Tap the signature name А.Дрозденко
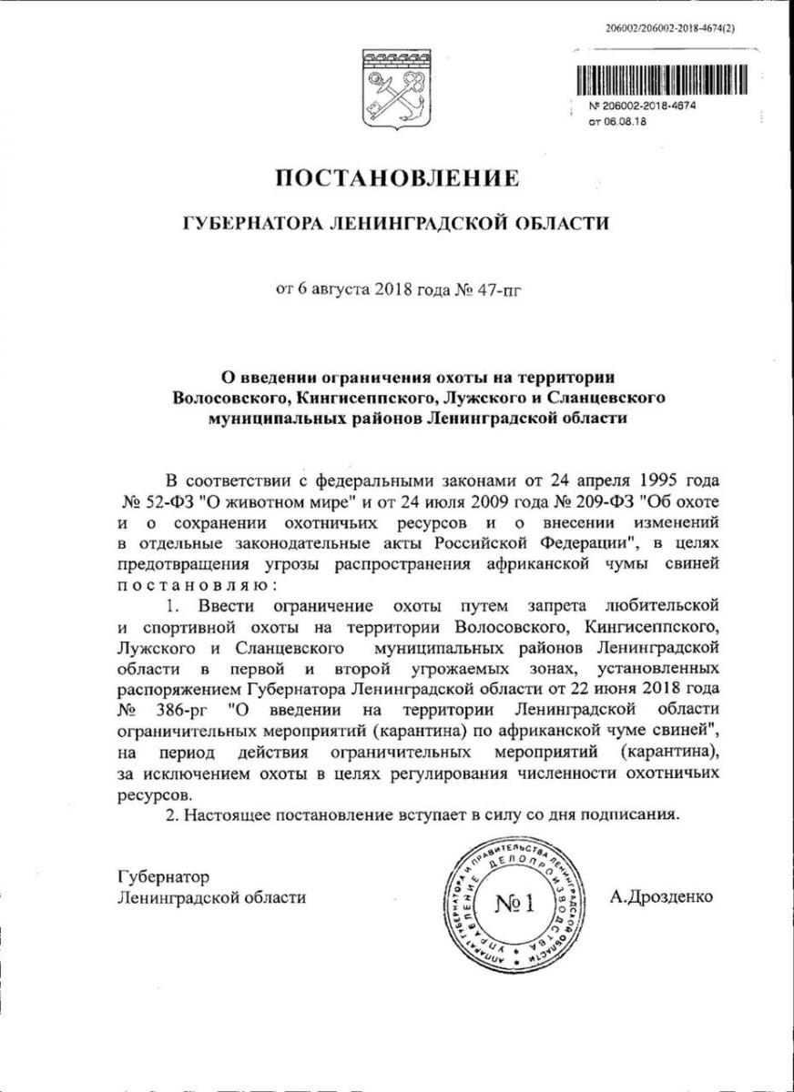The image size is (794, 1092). [662, 896]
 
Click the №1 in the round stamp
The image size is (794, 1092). [516, 904]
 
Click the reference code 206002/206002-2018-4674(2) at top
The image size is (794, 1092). [669, 28]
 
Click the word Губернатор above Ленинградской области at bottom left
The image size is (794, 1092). [164, 877]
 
